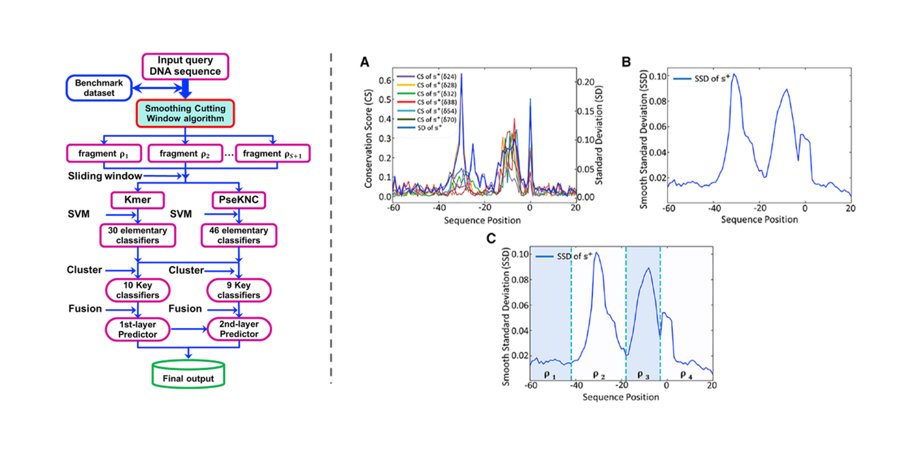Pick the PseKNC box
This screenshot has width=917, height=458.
[x=239, y=202]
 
